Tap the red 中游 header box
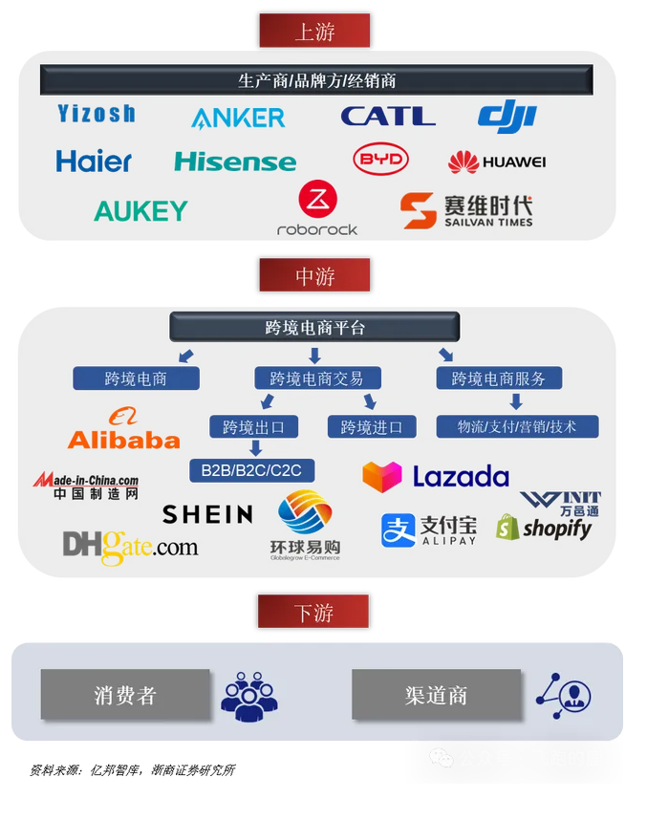(x=314, y=275)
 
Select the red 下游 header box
(x=314, y=611)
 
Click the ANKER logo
(x=238, y=118)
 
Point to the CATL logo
(x=387, y=116)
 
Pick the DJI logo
(x=507, y=116)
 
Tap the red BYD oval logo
(x=380, y=160)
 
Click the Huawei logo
(x=497, y=162)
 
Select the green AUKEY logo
(x=140, y=210)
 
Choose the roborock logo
(x=317, y=209)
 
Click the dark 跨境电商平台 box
(x=314, y=328)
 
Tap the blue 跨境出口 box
(x=260, y=426)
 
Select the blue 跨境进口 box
(x=372, y=426)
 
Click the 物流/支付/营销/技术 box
(x=516, y=426)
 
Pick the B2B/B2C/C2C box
(x=251, y=469)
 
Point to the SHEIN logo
(x=207, y=514)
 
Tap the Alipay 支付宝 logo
(x=428, y=530)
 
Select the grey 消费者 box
(x=125, y=694)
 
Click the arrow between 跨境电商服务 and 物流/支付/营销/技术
(x=515, y=401)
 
